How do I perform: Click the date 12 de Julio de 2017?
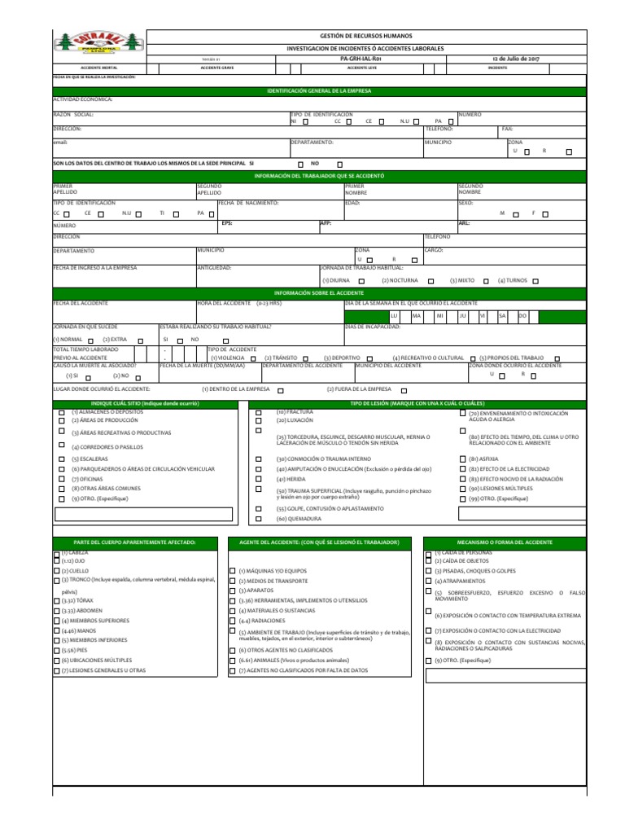coord(516,59)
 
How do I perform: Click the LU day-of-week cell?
coord(395,314)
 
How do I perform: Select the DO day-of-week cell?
coord(523,314)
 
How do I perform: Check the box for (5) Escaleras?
coord(62,459)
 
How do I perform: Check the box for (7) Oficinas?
coord(62,480)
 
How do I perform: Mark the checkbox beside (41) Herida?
coord(259,480)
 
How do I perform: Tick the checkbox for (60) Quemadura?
coord(259,518)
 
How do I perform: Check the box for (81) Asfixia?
coord(463,459)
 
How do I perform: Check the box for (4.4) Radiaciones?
coord(232,621)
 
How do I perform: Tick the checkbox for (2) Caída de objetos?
coord(429,561)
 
